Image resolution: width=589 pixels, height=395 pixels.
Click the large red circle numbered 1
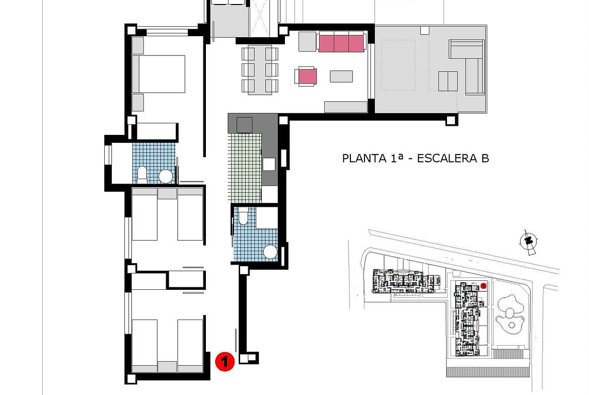tap(225, 362)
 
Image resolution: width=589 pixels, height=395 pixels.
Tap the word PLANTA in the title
tap(364, 158)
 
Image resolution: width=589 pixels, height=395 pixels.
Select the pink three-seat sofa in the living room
tap(341, 42)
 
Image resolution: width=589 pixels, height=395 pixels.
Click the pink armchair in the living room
tap(306, 76)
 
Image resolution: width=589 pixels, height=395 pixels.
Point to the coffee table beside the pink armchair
tap(341, 76)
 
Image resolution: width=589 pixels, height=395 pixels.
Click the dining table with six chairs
tap(260, 70)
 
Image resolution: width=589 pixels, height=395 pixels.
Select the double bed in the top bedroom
tap(159, 74)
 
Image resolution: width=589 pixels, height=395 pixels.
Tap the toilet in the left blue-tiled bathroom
tap(142, 176)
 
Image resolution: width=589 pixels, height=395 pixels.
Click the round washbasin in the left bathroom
tap(165, 176)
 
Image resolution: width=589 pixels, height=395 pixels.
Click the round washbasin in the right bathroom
tap(270, 252)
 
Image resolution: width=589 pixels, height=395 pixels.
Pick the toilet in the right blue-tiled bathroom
tap(244, 216)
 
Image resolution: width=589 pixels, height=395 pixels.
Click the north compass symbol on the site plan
tap(529, 241)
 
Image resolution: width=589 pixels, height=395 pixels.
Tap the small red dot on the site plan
tap(483, 286)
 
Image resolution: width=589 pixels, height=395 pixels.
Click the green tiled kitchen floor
tap(244, 168)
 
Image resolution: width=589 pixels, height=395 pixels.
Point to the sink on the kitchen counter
tap(269, 164)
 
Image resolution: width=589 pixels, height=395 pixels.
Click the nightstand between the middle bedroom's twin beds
tap(167, 193)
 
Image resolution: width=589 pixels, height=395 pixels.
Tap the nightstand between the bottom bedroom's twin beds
tap(167, 367)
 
